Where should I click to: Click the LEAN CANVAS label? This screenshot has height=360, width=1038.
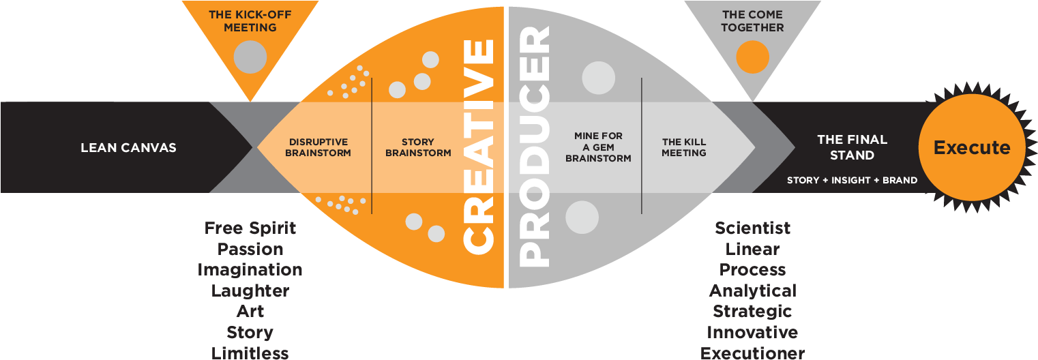click(x=128, y=148)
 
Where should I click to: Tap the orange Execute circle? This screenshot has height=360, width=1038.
click(x=972, y=147)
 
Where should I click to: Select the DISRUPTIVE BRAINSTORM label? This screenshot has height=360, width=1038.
click(x=318, y=148)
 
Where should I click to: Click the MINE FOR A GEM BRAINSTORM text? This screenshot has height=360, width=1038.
click(x=598, y=147)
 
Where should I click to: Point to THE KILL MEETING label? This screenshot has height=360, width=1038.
click(x=684, y=148)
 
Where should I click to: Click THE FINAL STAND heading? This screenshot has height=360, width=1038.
click(x=852, y=147)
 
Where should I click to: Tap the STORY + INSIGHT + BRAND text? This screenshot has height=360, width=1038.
click(x=852, y=181)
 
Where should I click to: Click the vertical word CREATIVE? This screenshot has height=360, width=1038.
click(x=478, y=146)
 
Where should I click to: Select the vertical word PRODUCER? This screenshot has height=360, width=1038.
click(x=535, y=146)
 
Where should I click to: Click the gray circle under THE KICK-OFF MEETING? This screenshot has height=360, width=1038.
click(x=250, y=57)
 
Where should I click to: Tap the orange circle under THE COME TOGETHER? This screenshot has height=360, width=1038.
click(x=753, y=57)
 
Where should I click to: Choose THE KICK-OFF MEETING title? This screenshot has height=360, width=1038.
click(x=250, y=21)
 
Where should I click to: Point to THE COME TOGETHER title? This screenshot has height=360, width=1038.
click(x=753, y=21)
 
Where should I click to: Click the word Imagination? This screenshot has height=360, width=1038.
click(x=250, y=270)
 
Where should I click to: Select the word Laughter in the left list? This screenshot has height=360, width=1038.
click(x=250, y=291)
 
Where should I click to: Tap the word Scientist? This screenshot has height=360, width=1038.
click(x=752, y=228)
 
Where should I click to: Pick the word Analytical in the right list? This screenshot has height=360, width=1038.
click(x=752, y=291)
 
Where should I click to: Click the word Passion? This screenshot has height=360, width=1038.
click(x=250, y=250)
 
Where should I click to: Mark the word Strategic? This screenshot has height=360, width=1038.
click(x=752, y=312)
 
